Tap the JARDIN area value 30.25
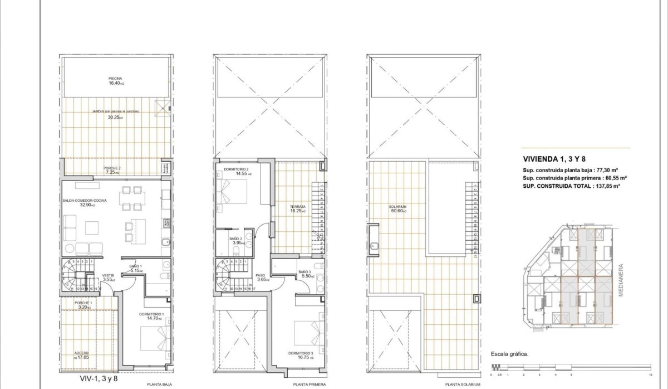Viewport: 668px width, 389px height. pyautogui.click(x=115, y=118)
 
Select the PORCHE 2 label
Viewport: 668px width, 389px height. pyautogui.click(x=112, y=168)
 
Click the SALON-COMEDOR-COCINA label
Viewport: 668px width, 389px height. pyautogui.click(x=85, y=201)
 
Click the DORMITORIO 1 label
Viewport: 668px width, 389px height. pyautogui.click(x=151, y=314)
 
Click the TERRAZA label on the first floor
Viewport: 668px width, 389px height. pyautogui.click(x=297, y=207)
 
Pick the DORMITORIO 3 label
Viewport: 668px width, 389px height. pyautogui.click(x=301, y=353)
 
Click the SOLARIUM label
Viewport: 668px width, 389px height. pyautogui.click(x=397, y=207)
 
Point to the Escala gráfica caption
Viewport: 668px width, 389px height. pyautogui.click(x=509, y=353)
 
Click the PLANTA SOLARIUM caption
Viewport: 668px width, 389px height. pyautogui.click(x=462, y=385)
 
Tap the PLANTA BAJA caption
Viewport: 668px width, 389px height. pyautogui.click(x=158, y=385)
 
